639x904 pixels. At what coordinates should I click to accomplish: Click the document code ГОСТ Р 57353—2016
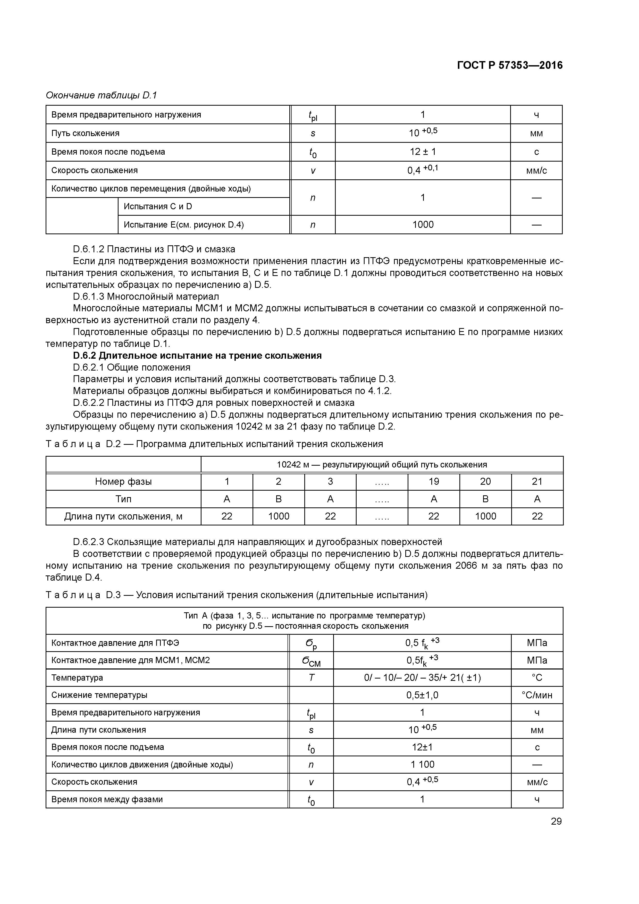pos(510,65)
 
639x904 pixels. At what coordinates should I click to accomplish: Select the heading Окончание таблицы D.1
pos(101,95)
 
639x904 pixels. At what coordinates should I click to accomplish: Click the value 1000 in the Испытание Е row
pos(423,225)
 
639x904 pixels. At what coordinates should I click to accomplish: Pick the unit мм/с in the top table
pos(536,171)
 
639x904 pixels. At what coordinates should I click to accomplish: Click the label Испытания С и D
pos(158,207)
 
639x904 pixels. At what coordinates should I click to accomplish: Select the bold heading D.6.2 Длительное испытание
pos(197,356)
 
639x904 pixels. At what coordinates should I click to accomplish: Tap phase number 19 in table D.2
pos(433,482)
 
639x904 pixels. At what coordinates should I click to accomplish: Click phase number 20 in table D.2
pos(485,482)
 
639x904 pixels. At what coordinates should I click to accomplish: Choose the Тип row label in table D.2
pos(123,499)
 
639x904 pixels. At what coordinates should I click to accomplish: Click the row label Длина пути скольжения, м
pos(123,516)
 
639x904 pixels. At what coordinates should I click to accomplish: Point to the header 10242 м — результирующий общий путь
pos(382,465)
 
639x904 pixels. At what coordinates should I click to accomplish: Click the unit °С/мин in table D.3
pos(537,695)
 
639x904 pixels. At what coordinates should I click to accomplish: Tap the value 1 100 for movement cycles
pos(422,765)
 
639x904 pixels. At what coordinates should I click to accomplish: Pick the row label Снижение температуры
pos(99,695)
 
